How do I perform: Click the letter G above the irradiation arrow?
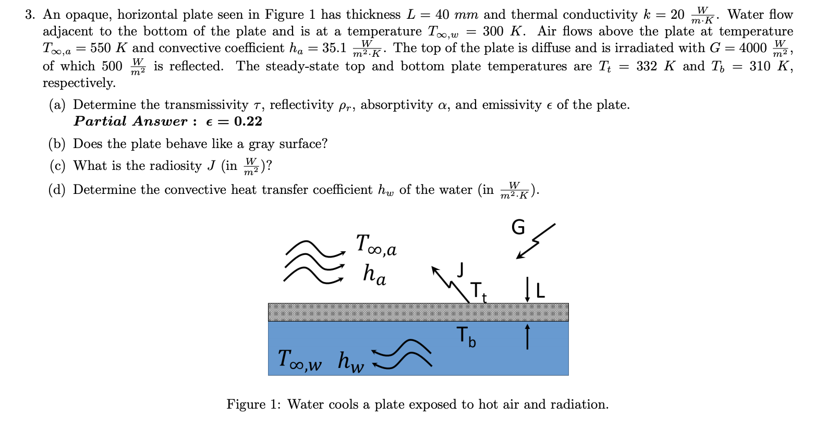point(518,227)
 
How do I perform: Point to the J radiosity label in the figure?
point(460,269)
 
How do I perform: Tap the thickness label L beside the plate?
point(540,290)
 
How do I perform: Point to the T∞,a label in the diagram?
point(376,244)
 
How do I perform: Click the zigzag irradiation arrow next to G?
point(536,240)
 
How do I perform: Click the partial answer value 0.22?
point(248,121)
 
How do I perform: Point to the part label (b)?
point(57,144)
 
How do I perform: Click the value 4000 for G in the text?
point(753,48)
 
